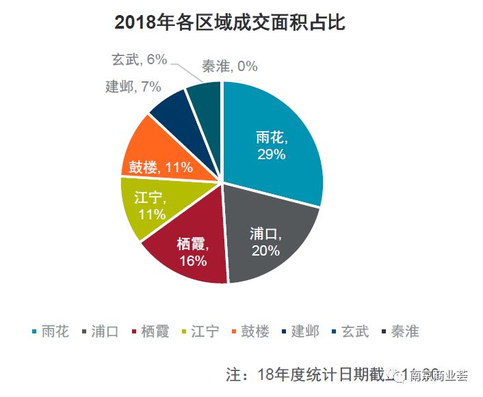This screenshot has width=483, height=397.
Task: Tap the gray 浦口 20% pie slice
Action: [x=270, y=239]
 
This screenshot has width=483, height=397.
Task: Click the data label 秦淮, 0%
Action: [x=230, y=66]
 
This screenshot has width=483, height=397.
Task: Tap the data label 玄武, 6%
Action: [x=139, y=59]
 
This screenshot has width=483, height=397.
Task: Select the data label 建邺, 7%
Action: [x=133, y=87]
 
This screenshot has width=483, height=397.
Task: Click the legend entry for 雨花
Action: [x=50, y=332]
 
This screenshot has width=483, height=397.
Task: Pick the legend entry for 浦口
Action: [x=100, y=332]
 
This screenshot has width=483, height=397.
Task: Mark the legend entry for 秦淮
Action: [x=400, y=332]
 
